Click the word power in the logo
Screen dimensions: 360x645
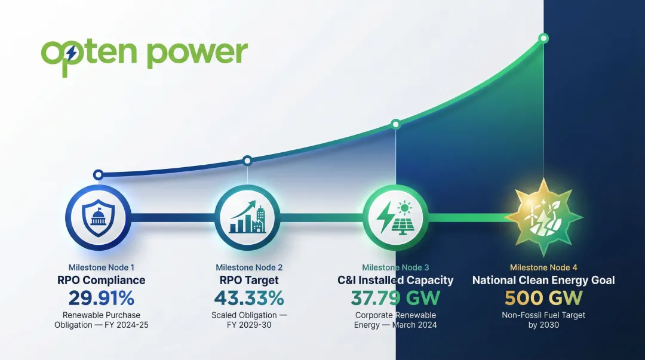pos(196,53)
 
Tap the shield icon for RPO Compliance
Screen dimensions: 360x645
pos(97,217)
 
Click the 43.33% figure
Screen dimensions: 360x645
pos(248,297)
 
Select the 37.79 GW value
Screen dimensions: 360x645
pos(395,297)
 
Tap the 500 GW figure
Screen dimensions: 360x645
pos(543,297)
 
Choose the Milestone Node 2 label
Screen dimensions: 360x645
pos(248,267)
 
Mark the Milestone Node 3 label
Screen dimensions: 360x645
pos(395,267)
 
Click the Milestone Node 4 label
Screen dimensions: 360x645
pos(543,267)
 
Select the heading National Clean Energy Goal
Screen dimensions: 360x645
pos(543,280)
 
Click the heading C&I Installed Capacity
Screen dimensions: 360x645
pos(395,280)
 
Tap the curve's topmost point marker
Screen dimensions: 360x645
pos(543,38)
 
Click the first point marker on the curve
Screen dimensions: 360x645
pos(98,175)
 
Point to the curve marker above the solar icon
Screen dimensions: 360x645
pos(395,124)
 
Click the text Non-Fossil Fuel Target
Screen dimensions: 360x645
pos(543,315)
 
